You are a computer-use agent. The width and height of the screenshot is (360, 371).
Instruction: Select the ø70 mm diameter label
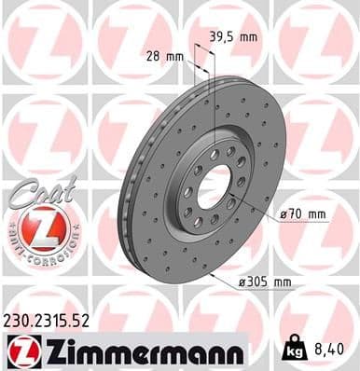coord(303,213)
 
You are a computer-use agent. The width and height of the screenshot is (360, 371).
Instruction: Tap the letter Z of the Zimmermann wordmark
coord(50,350)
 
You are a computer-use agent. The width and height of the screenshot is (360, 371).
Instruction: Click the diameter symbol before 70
coord(283,214)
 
